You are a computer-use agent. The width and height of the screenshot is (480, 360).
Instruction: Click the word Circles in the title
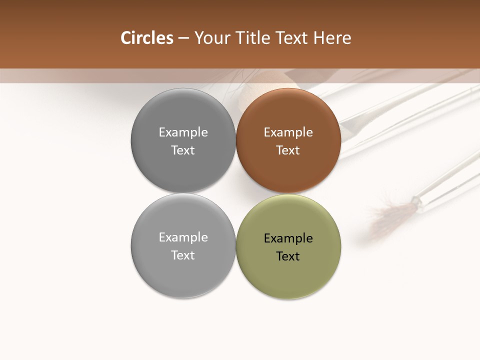click(x=146, y=38)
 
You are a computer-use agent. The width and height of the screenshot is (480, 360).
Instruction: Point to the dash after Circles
click(x=183, y=38)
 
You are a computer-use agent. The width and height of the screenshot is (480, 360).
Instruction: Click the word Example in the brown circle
click(x=288, y=132)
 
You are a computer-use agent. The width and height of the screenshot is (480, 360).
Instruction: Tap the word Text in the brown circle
click(x=288, y=150)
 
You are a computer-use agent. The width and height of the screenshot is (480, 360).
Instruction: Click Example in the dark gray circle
click(x=183, y=132)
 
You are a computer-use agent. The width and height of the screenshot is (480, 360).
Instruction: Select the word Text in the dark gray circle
click(x=183, y=150)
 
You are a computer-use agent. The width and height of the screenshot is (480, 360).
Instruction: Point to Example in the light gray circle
click(x=183, y=237)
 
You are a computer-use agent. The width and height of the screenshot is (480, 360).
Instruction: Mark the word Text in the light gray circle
click(x=183, y=255)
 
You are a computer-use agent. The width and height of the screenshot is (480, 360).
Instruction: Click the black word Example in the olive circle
click(x=288, y=238)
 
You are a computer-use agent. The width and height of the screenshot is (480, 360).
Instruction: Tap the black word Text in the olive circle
click(x=288, y=256)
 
